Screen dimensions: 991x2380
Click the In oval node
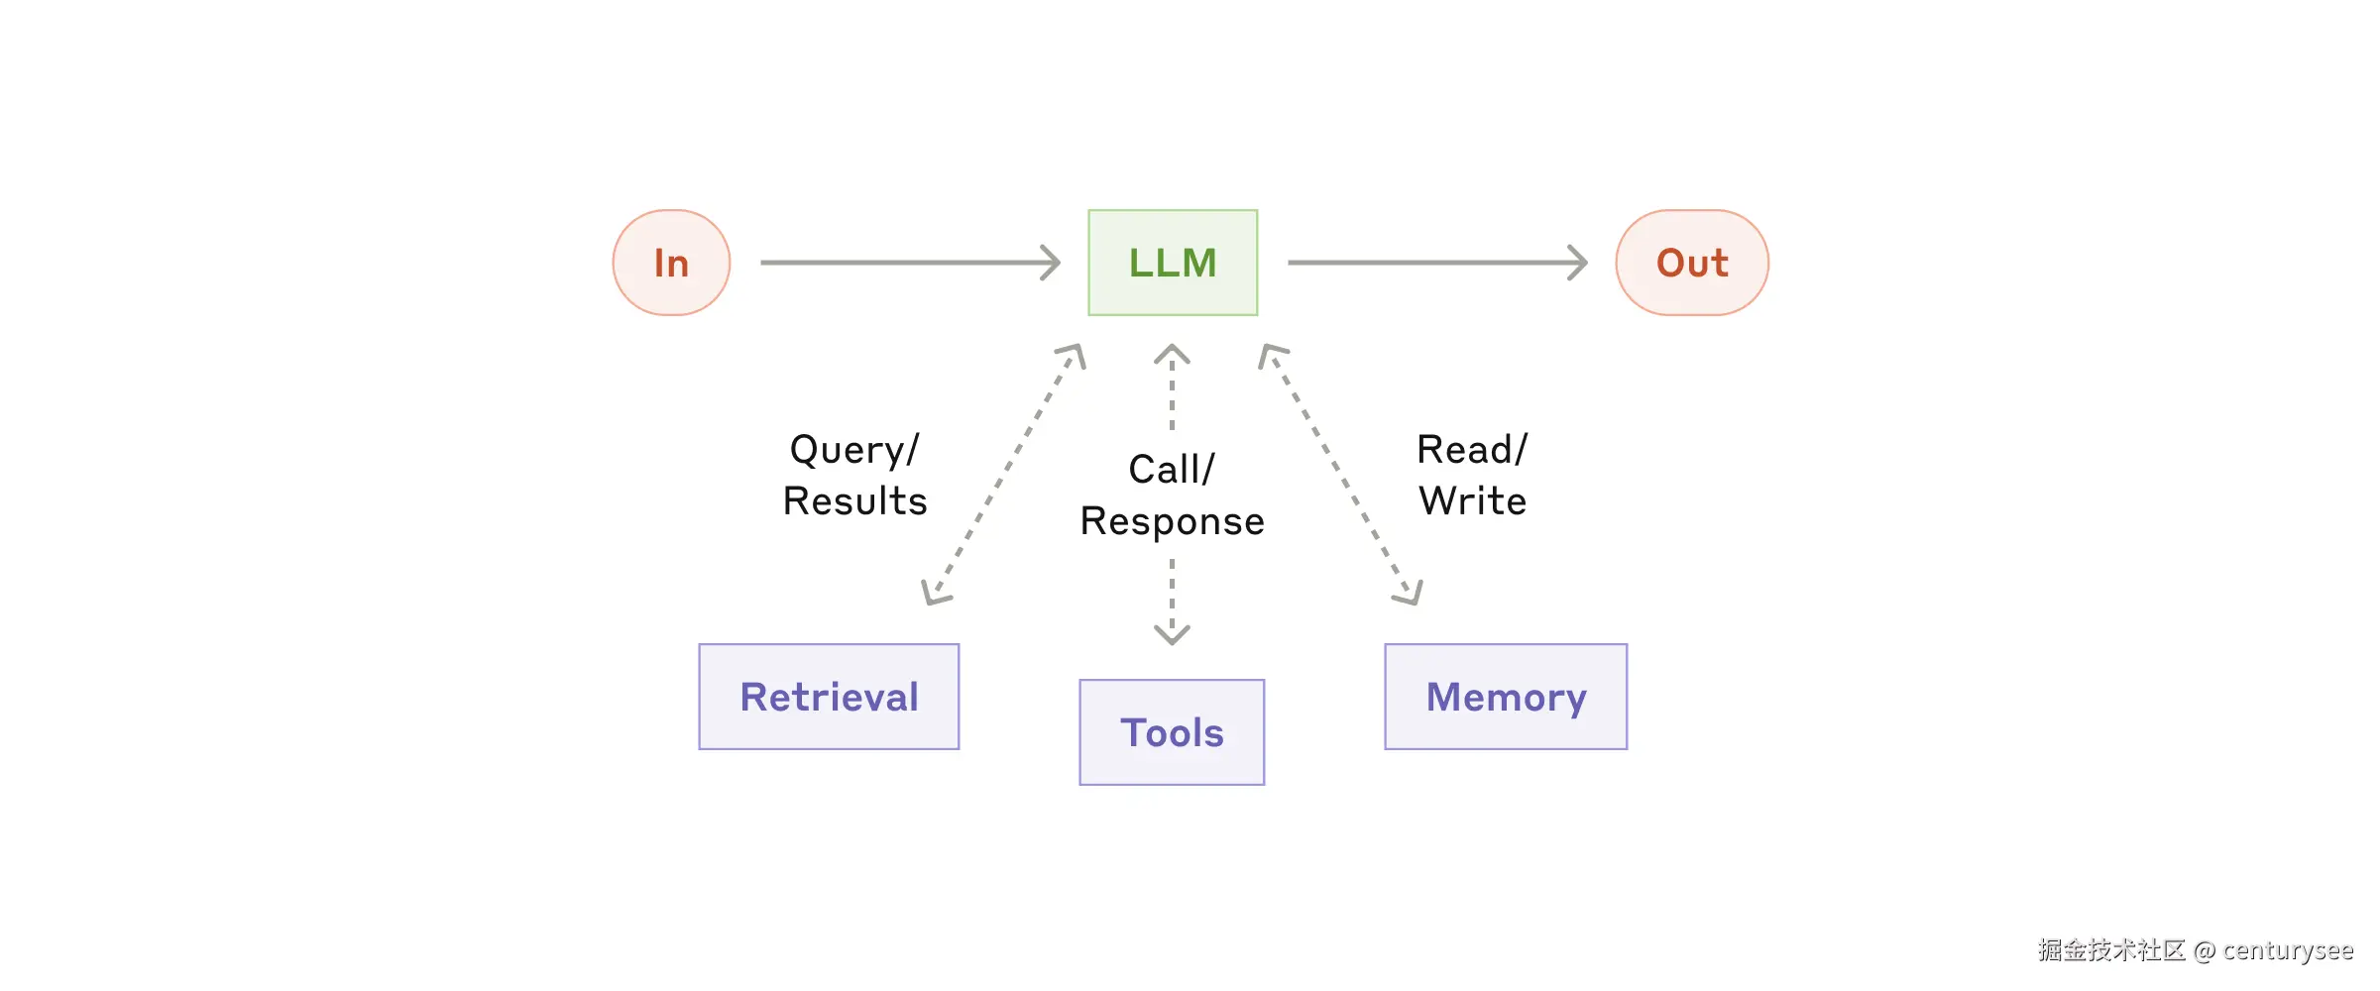click(671, 263)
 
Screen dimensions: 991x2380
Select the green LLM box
click(1173, 263)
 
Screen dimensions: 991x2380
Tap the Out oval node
click(1692, 263)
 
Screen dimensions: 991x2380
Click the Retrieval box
click(829, 697)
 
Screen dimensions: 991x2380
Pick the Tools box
click(1172, 732)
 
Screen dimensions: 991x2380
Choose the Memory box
click(1506, 697)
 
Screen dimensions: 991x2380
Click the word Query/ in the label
click(854, 450)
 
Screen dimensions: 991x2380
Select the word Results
click(854, 501)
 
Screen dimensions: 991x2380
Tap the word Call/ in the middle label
click(1172, 470)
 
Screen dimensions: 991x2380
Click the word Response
click(1172, 521)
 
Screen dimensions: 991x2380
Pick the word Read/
click(1472, 450)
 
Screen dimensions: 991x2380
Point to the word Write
click(1472, 501)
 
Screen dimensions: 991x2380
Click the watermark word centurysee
click(2287, 950)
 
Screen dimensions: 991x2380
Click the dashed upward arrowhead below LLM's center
click(1172, 353)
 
